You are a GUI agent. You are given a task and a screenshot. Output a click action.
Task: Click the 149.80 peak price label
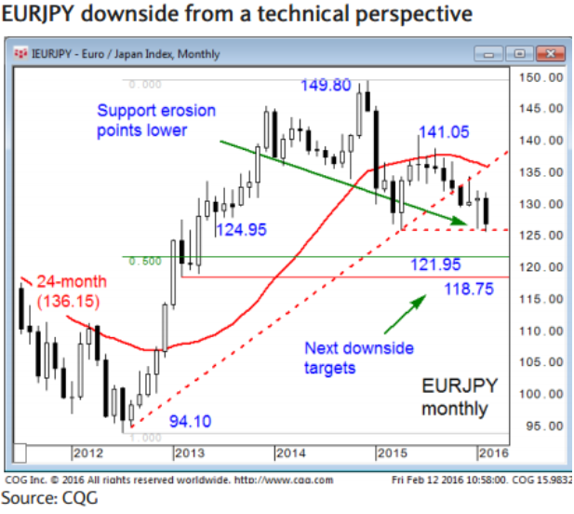325,86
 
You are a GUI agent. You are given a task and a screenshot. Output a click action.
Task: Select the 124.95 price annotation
240,228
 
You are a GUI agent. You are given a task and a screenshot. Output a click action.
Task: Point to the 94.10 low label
190,421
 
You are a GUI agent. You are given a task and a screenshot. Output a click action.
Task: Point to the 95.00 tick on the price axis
542,426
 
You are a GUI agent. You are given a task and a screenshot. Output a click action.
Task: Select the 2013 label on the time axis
190,453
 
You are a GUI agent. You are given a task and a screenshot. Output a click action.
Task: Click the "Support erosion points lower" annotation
155,120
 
